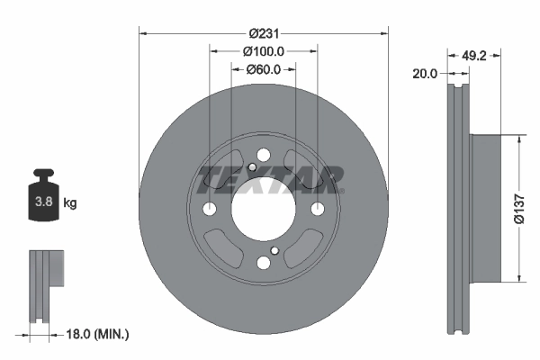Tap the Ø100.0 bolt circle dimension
pos(264,51)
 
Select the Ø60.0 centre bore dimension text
pos(263,68)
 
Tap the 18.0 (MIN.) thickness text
pos(99,334)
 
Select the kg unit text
pos(70,203)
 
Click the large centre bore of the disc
pos(263,210)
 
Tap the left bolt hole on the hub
pos(210,210)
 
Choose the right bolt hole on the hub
pos(317,209)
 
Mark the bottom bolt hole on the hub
pos(263,263)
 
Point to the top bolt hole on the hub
pos(263,156)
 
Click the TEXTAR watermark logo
pos(270,179)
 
